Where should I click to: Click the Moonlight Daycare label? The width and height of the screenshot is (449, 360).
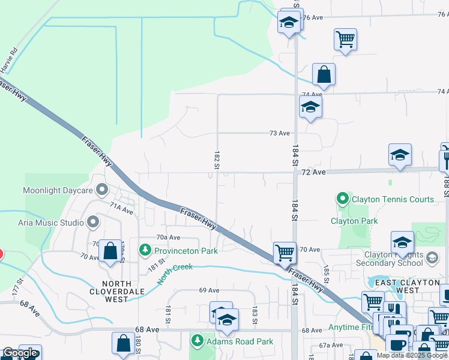58,191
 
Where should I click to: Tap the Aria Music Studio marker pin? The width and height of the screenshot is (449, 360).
92,223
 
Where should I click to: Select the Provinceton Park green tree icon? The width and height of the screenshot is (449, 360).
145,249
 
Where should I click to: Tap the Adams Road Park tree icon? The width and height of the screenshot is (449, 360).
197,341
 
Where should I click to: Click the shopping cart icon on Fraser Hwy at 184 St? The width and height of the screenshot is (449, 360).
284,252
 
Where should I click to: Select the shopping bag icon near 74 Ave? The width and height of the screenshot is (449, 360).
324,74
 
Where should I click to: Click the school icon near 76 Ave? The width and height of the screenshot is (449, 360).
289,23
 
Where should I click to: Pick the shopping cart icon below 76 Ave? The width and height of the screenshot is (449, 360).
345,40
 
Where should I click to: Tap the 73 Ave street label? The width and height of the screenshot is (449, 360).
280,133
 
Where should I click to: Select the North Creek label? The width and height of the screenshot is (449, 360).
175,273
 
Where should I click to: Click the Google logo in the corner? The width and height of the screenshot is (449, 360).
20,353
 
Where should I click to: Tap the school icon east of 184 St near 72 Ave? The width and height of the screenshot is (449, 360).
400,155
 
